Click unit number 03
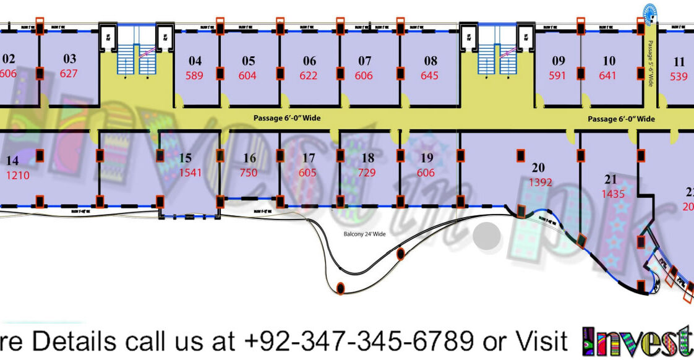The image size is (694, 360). (x=70, y=59)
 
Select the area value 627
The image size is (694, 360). (x=69, y=74)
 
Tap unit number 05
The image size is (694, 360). (x=249, y=61)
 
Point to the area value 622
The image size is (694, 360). (x=308, y=76)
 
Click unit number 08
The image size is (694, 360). (x=431, y=61)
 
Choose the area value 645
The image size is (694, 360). (x=429, y=76)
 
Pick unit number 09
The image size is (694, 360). (x=559, y=61)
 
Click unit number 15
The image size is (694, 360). (x=186, y=158)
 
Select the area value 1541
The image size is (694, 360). (x=191, y=173)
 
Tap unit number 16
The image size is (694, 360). (x=249, y=158)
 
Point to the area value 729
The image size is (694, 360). (x=367, y=173)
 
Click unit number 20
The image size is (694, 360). (x=538, y=167)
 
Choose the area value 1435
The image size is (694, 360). (x=613, y=194)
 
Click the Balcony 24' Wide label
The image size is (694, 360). (x=365, y=234)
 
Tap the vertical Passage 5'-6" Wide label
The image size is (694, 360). (x=650, y=64)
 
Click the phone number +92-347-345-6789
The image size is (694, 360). (x=359, y=341)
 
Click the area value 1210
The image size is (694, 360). (x=18, y=175)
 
